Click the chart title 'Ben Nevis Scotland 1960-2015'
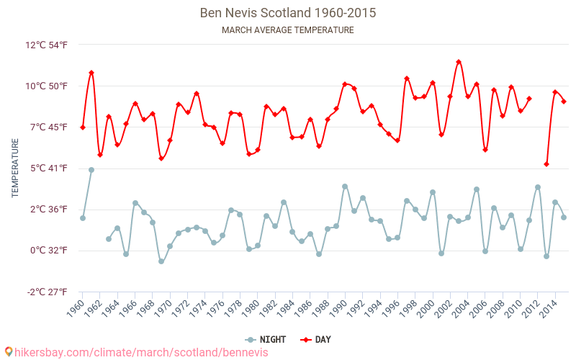(x=287, y=13)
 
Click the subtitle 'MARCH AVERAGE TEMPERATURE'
(x=287, y=30)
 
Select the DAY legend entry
(x=316, y=339)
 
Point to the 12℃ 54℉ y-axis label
(x=47, y=45)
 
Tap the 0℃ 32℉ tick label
(x=48, y=251)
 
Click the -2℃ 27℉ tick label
(x=47, y=292)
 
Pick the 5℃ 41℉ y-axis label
(x=48, y=168)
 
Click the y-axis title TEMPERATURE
(x=15, y=168)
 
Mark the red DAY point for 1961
(x=91, y=73)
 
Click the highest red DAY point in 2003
(x=459, y=62)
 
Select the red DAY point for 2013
(x=546, y=164)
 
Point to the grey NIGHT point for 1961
(x=91, y=170)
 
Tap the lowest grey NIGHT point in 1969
(x=161, y=261)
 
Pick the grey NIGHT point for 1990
(x=345, y=186)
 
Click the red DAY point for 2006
(x=485, y=150)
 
